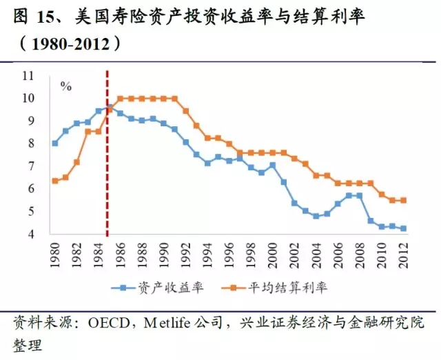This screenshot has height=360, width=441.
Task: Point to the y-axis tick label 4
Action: [x=32, y=234]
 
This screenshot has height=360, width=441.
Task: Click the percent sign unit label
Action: [x=66, y=86]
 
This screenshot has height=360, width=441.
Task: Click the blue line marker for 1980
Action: [x=55, y=143]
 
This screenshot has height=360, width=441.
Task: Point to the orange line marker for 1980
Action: [x=55, y=181]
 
